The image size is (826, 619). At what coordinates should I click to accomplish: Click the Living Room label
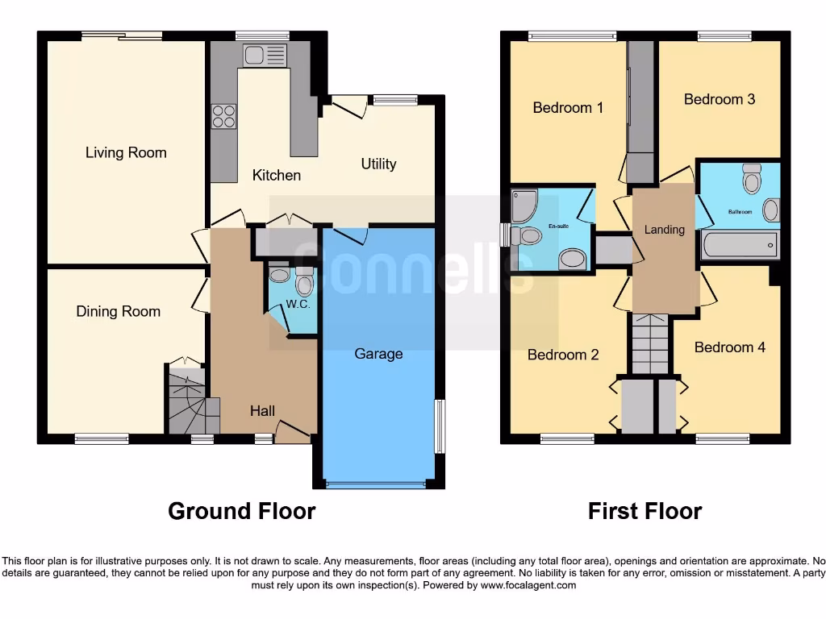coord(126,152)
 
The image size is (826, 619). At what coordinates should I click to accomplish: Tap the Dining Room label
coord(119,311)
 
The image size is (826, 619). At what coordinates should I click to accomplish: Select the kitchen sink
coord(265,55)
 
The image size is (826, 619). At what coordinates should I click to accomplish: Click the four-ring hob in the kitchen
coord(223,116)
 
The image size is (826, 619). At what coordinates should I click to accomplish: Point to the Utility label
coord(378,164)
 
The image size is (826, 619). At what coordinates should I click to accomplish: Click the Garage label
coord(378,354)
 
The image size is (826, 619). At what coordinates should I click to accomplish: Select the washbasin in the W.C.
coord(280,275)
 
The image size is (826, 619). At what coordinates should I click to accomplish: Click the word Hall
coord(262,411)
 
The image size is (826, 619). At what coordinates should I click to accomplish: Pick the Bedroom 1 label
coord(568,107)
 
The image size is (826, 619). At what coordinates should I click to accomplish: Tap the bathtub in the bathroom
coord(740,243)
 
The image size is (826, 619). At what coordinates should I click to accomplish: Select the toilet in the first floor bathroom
coord(752,178)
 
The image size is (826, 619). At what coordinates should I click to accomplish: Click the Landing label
coord(664,230)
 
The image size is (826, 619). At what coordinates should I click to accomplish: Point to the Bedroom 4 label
coord(730,347)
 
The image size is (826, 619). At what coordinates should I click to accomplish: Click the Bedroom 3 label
coord(720,99)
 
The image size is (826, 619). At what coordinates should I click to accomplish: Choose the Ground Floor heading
coord(241,511)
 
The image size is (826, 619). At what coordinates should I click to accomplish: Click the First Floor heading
coord(645,511)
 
